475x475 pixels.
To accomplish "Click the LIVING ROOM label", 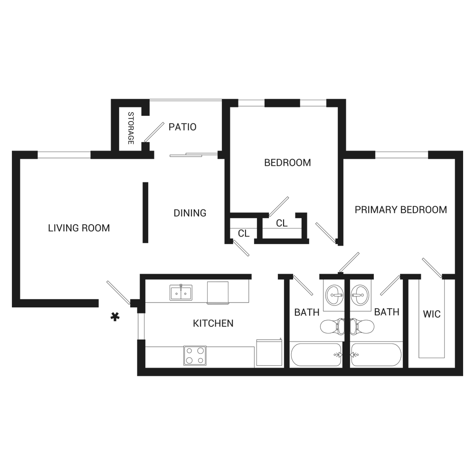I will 79,228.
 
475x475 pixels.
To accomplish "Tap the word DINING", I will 190,213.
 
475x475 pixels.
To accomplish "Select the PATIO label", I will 182,127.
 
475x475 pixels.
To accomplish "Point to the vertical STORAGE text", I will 131,128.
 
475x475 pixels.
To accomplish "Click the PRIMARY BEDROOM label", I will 401,209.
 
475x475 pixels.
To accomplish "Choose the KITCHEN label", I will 213,323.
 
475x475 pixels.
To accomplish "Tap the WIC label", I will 431,314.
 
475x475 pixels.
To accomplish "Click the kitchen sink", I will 181,293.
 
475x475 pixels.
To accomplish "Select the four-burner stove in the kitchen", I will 195,355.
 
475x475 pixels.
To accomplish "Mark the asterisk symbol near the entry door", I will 114,317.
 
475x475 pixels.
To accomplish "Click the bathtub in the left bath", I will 316,354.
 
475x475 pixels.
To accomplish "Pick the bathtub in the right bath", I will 376,354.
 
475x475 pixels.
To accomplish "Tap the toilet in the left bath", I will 331,326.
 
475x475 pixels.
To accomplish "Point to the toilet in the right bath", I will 363,326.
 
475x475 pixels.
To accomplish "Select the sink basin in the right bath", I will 360,294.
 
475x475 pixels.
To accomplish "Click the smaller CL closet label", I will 244,233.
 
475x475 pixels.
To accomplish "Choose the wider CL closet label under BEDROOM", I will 282,223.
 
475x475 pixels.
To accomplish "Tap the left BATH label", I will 306,312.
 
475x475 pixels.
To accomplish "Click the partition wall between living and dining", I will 145,212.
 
